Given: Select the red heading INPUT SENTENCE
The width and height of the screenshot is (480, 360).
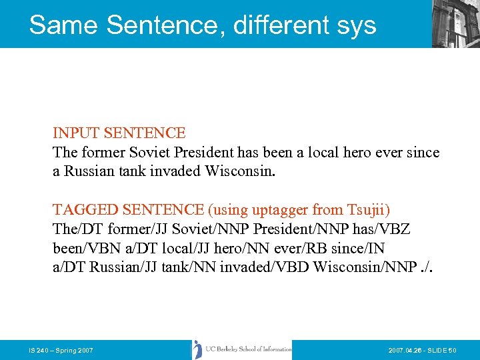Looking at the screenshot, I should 119,133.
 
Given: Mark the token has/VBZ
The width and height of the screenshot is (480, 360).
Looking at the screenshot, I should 386,230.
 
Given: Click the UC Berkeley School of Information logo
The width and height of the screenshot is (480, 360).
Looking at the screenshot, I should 241,349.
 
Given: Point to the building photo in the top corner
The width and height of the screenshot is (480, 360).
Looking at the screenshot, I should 455,23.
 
